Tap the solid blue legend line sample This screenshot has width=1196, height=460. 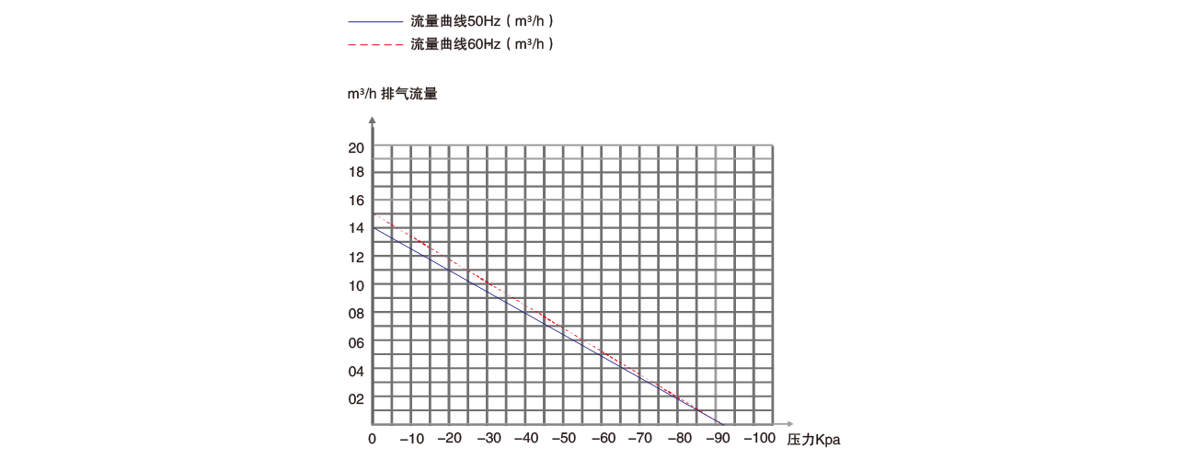click(x=375, y=20)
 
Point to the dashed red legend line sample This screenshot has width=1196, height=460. click(x=375, y=44)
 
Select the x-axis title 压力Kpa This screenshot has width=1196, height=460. click(x=813, y=440)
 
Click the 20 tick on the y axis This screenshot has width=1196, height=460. click(x=356, y=147)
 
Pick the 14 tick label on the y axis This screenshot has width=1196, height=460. click(x=356, y=229)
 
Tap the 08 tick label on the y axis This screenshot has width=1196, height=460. click(x=356, y=314)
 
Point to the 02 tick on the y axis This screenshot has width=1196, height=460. click(x=356, y=398)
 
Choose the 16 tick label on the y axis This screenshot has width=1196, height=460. click(x=356, y=201)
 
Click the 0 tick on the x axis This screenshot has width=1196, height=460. click(x=372, y=438)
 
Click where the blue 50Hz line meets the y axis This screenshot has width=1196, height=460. click(x=373, y=227)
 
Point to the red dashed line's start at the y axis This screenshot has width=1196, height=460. click(x=373, y=214)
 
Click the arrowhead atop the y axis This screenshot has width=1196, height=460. click(x=372, y=120)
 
